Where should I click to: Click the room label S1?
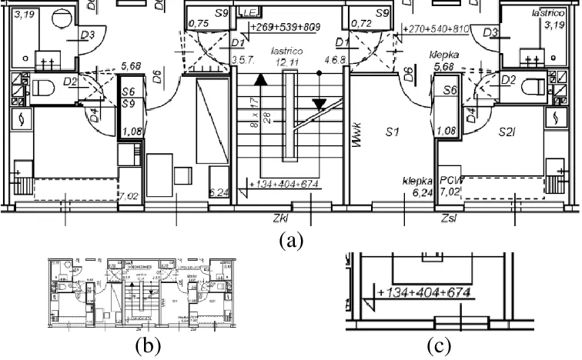393,132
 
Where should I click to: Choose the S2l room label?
505,132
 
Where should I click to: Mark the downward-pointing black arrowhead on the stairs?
319,104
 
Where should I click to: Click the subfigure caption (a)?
289,240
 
